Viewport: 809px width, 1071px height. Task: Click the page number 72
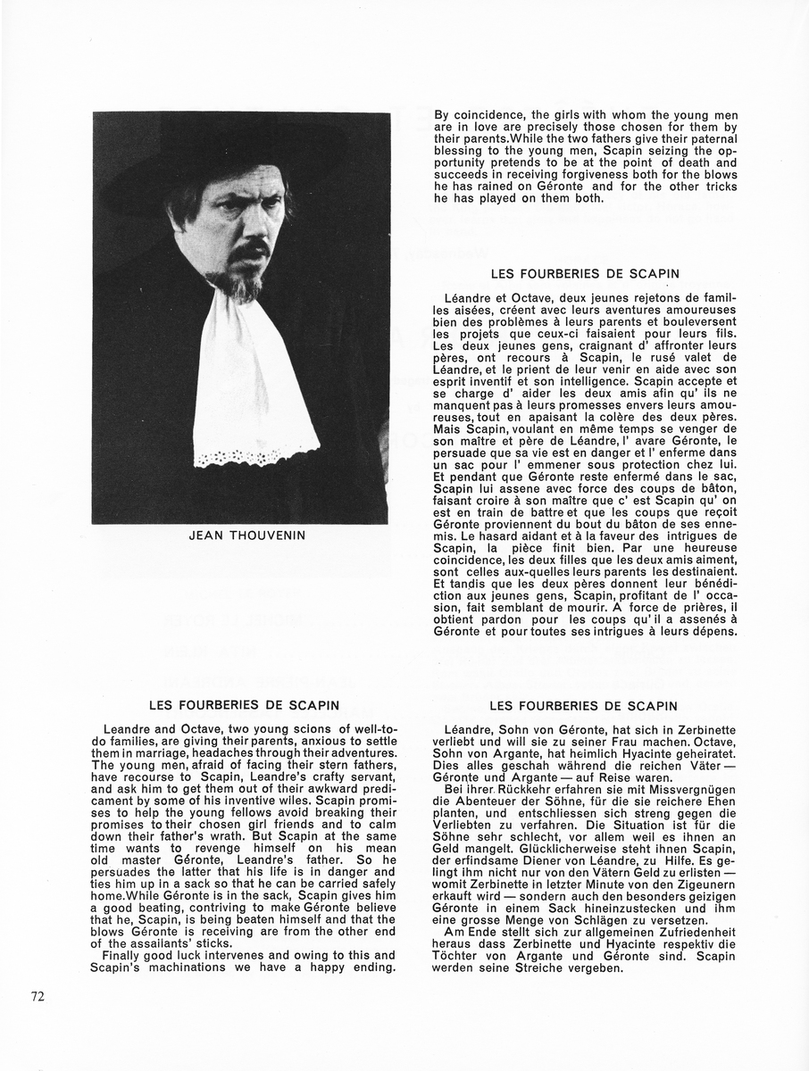[38, 997]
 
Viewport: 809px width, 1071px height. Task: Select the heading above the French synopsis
[585, 273]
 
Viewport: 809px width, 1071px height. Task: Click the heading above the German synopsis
[585, 706]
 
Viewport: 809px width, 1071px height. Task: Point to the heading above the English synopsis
[244, 706]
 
